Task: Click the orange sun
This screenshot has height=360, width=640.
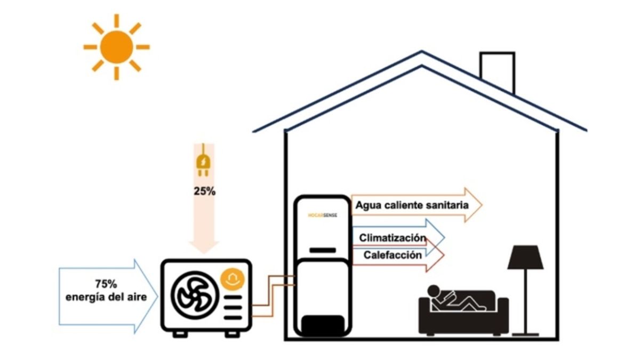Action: coord(116,47)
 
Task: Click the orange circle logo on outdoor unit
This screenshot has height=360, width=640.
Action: coord(233,278)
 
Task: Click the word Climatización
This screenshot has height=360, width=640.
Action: coord(393,237)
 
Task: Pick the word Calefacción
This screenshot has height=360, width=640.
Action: coord(393,255)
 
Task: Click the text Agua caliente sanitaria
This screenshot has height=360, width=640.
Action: coord(412,205)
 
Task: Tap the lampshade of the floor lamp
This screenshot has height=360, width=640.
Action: coord(525,258)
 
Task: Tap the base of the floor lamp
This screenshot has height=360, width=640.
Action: coord(525,334)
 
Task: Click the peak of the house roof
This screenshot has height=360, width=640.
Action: coord(422,53)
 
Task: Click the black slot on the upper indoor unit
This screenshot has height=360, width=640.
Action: coord(323,250)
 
